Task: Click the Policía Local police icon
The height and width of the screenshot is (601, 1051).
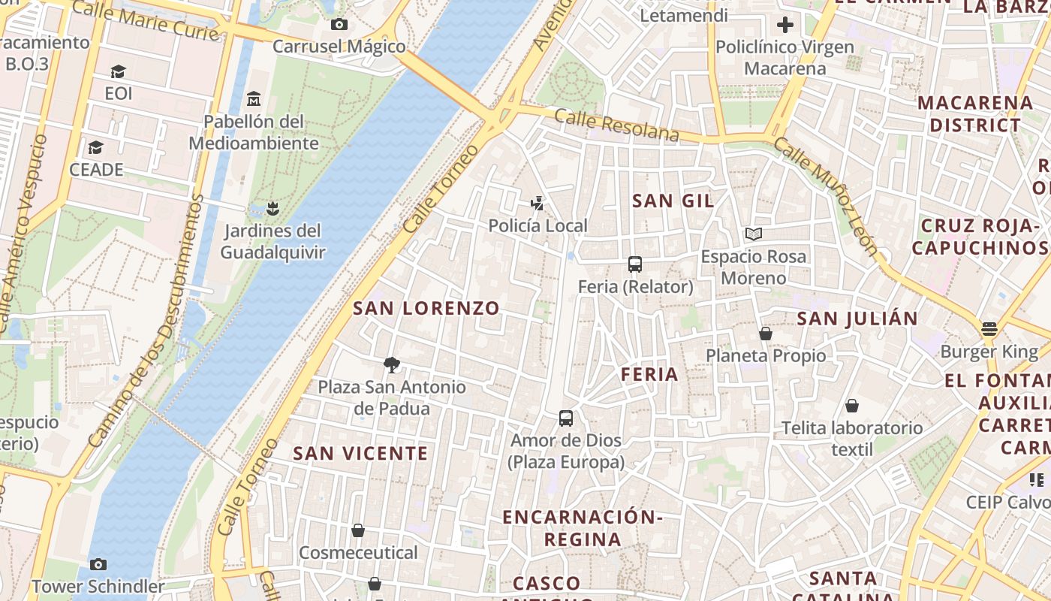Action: pyautogui.click(x=537, y=203)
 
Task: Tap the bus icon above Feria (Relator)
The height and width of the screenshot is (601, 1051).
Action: pyautogui.click(x=635, y=264)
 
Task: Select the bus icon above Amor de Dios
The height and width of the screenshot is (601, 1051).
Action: pyautogui.click(x=566, y=418)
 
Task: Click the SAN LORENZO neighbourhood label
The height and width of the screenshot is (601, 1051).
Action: pyautogui.click(x=426, y=308)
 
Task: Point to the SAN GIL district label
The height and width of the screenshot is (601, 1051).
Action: pyautogui.click(x=673, y=201)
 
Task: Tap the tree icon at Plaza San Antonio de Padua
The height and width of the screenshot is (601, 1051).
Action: pyautogui.click(x=391, y=365)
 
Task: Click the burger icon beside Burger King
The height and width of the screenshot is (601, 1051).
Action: pyautogui.click(x=989, y=329)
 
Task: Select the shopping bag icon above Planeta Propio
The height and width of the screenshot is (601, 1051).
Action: pyautogui.click(x=766, y=333)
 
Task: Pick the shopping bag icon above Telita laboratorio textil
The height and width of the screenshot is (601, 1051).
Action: pyautogui.click(x=852, y=406)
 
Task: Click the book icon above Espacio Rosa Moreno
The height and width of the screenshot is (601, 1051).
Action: pyautogui.click(x=754, y=234)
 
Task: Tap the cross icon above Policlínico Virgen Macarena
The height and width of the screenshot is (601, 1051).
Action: pyautogui.click(x=785, y=25)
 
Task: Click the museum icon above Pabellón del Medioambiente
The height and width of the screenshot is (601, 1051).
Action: pyautogui.click(x=254, y=98)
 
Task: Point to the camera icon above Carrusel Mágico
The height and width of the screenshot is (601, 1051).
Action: pyautogui.click(x=339, y=24)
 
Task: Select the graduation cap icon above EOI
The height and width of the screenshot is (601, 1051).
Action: pyautogui.click(x=119, y=71)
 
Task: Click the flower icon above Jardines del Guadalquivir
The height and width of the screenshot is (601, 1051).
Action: pyautogui.click(x=273, y=208)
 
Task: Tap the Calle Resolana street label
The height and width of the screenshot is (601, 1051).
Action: pyautogui.click(x=617, y=125)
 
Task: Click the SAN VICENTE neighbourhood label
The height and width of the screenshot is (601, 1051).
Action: pyautogui.click(x=360, y=454)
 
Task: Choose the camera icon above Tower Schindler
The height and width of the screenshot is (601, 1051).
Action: pyautogui.click(x=98, y=564)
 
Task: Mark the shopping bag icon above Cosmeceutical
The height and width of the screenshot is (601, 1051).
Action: pyautogui.click(x=358, y=530)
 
